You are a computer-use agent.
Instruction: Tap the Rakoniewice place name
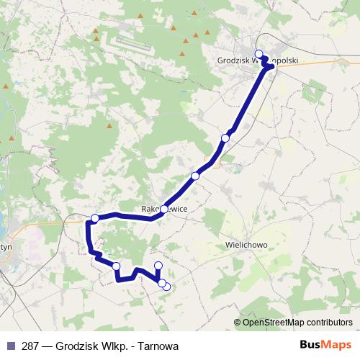point(164,209)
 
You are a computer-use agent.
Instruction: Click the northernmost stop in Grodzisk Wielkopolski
point(259,54)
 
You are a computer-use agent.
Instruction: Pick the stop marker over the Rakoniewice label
point(164,209)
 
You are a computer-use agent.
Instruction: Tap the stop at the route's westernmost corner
point(94,218)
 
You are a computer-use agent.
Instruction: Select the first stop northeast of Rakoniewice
point(195,176)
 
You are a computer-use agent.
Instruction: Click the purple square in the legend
point(10,345)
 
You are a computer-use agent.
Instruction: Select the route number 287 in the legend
point(30,346)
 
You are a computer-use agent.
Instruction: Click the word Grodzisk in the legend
point(76,346)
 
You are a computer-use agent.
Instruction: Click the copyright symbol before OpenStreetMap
point(238,322)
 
